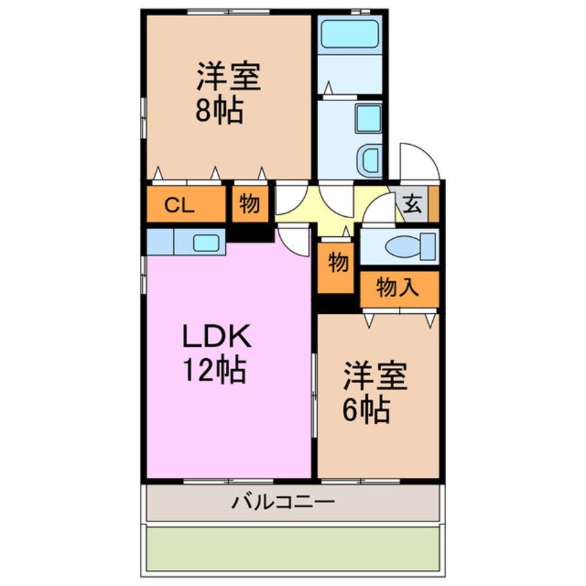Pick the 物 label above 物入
click(x=337, y=263)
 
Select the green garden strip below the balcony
click(x=291, y=549)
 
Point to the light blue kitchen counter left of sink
click(x=160, y=242)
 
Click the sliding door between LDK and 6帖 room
click(x=314, y=395)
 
